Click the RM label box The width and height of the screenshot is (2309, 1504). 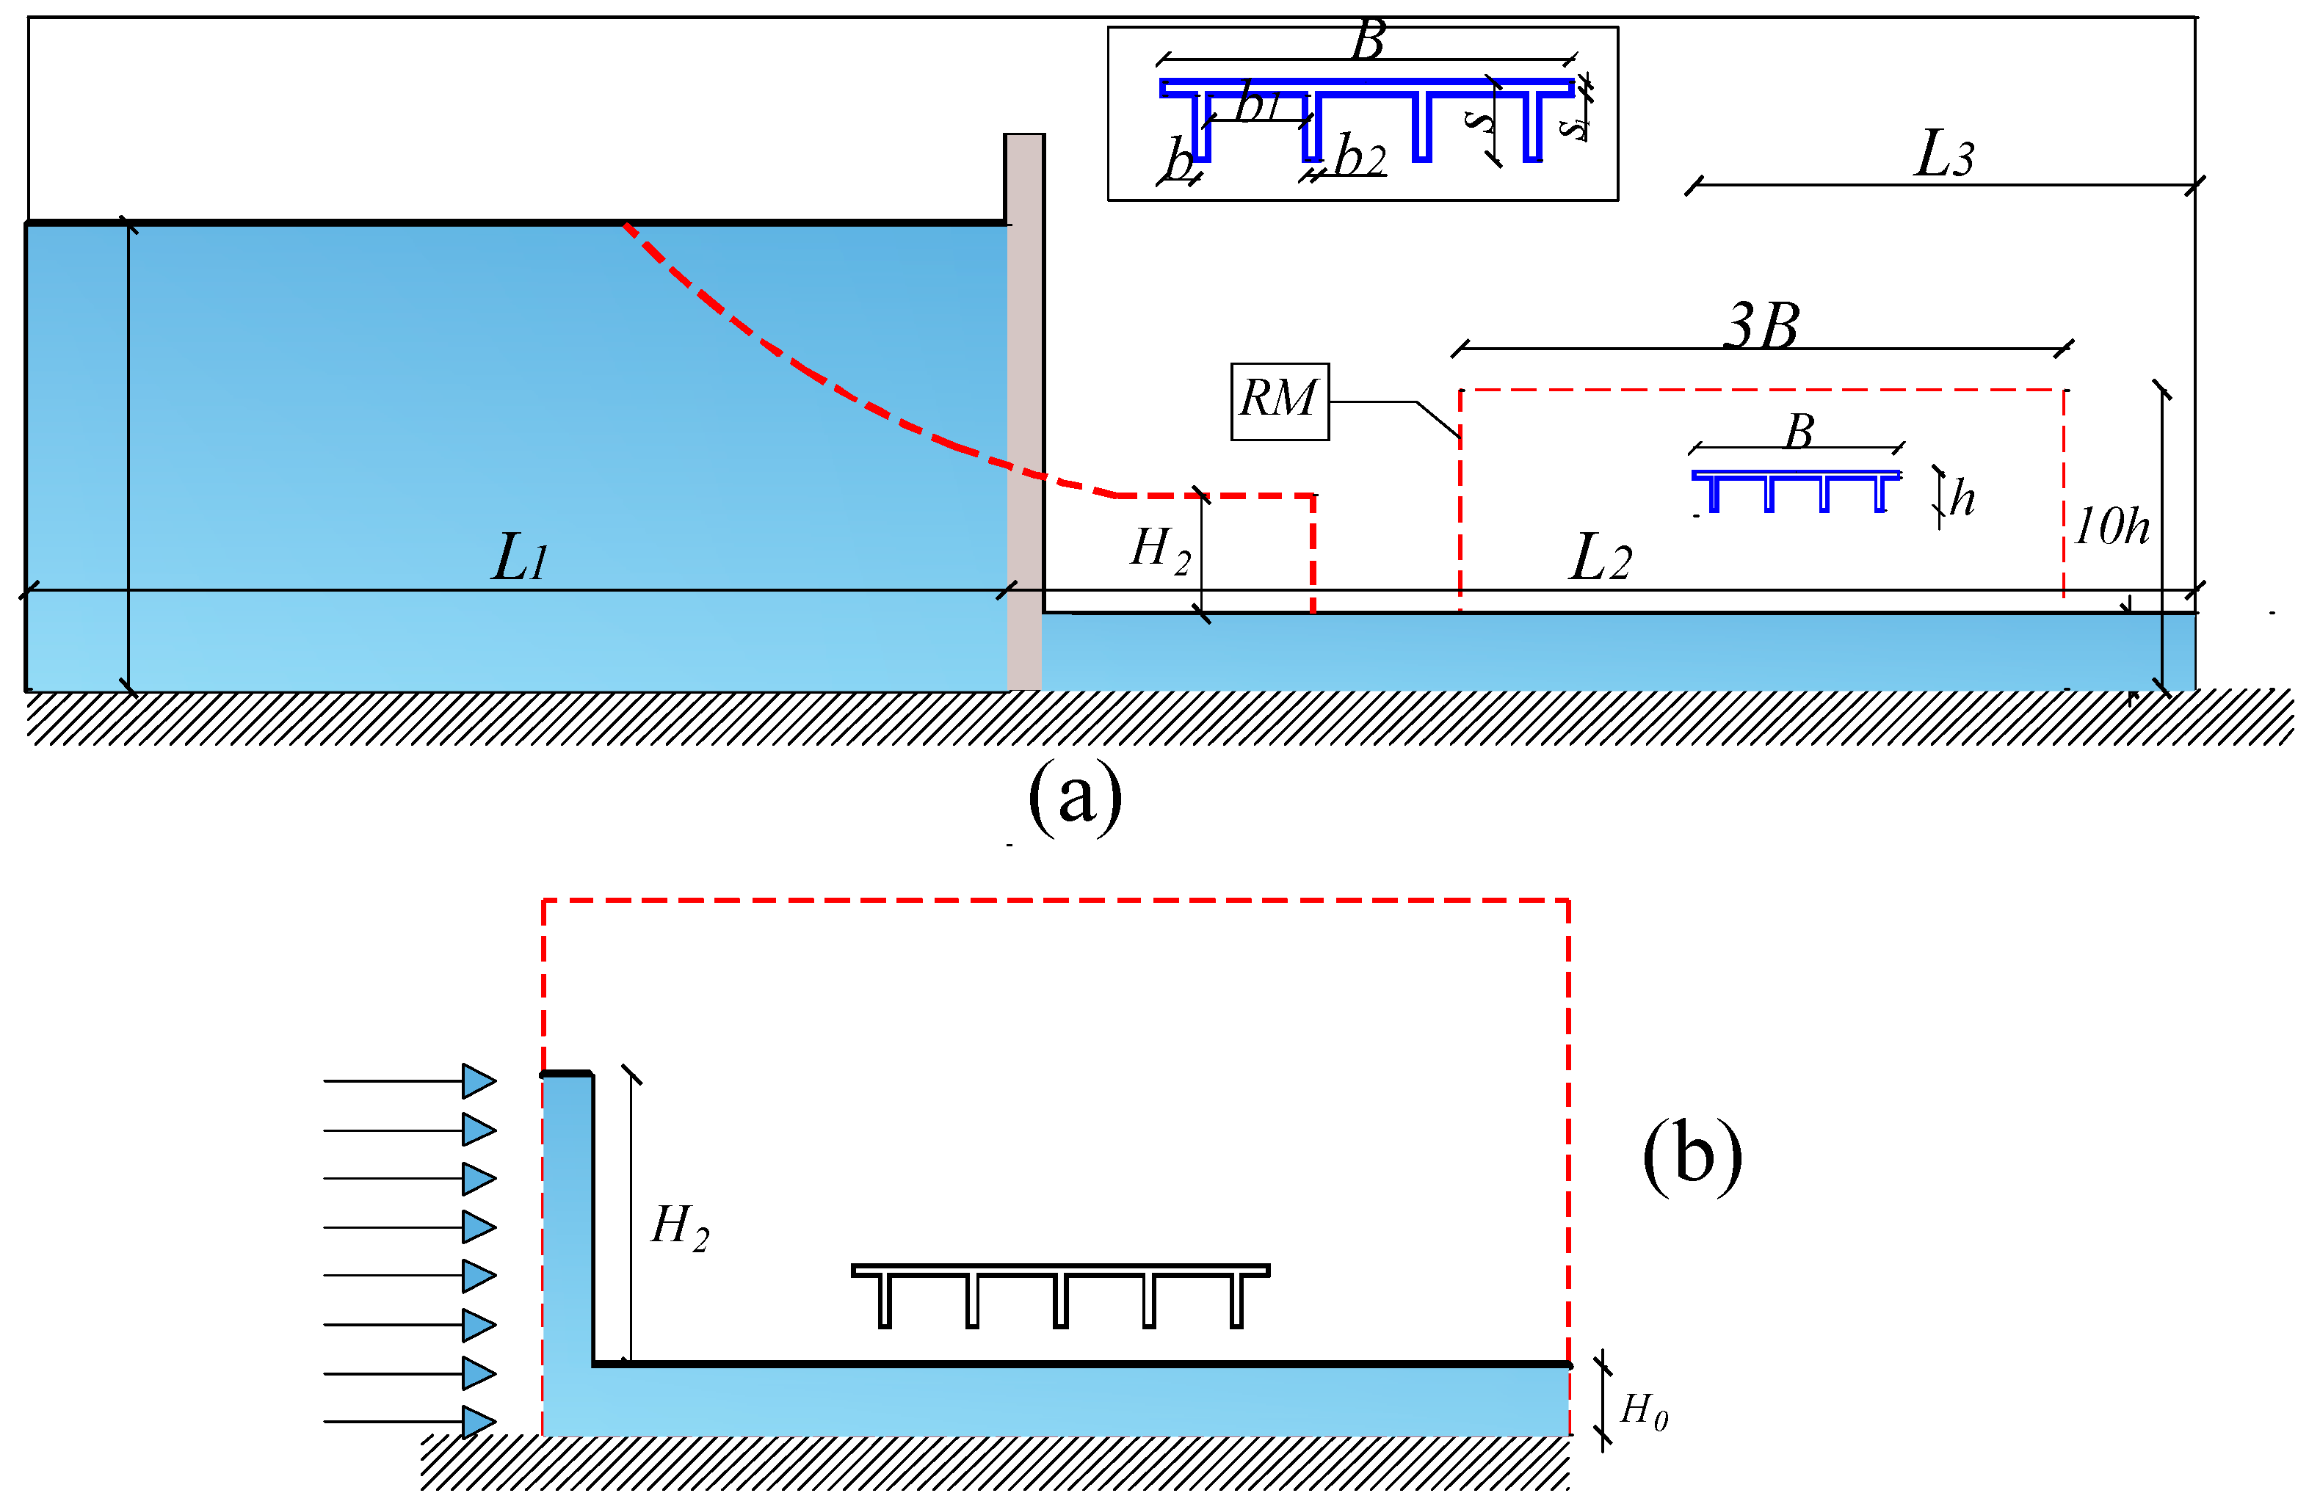coord(1279,401)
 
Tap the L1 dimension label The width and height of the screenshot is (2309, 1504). coord(521,559)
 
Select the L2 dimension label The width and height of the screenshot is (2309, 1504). coord(1600,559)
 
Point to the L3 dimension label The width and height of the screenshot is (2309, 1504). coord(1943,154)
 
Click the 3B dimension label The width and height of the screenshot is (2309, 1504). coord(1762,326)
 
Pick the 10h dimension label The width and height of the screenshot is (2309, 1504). coord(2111,526)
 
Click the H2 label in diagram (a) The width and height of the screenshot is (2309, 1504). coord(1160,550)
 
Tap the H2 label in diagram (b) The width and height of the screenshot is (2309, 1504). coord(680,1227)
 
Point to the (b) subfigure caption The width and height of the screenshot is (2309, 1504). coord(1692,1156)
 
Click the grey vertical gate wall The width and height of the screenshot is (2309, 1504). coord(1023,407)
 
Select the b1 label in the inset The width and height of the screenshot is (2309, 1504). coord(1258,103)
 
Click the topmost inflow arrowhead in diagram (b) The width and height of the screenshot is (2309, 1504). coord(478,1081)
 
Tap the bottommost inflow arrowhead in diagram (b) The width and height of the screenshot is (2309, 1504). coord(478,1422)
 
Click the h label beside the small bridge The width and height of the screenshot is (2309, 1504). coord(1962,498)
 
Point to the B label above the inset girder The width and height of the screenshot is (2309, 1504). coord(1368,42)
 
